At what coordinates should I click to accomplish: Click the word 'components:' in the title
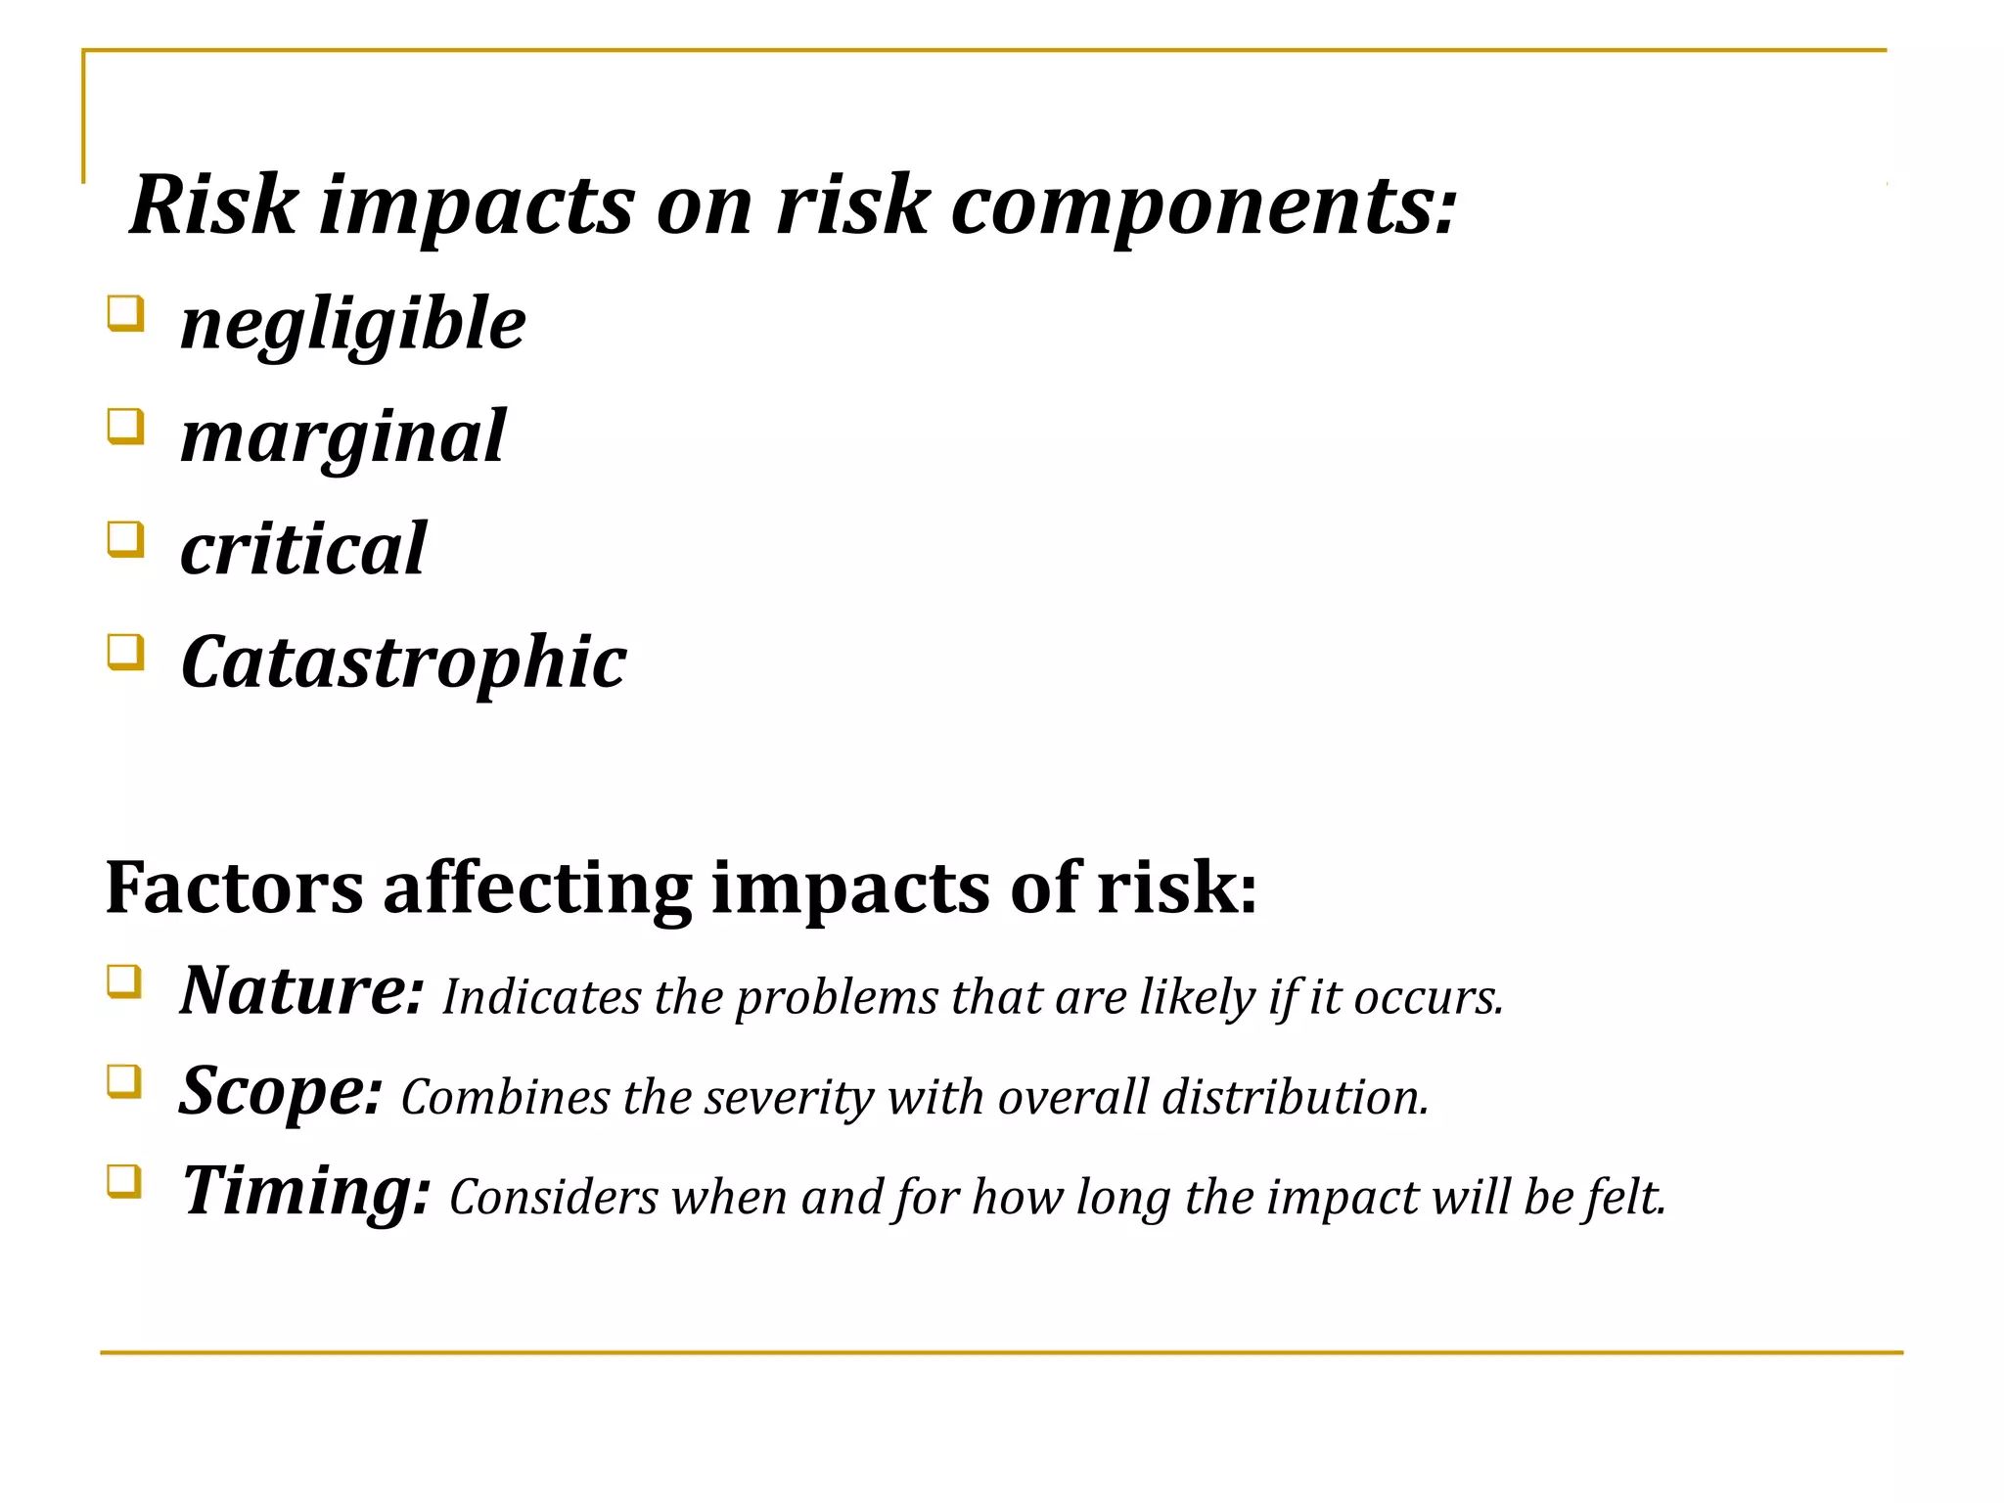point(1204,207)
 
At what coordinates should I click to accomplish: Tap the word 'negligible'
point(352,325)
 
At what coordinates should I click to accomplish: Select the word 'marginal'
point(342,437)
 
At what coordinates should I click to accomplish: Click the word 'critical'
point(303,549)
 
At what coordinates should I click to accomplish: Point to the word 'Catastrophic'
point(403,662)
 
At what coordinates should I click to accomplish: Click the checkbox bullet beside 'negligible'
point(125,314)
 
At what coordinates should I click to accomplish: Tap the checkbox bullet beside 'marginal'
point(125,427)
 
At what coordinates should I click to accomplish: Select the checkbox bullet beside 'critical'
point(125,539)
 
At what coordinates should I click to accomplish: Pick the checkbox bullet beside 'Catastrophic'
point(125,652)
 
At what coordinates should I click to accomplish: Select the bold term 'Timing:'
point(306,1192)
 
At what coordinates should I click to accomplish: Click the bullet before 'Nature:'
point(124,981)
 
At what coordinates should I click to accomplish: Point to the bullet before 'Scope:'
point(124,1081)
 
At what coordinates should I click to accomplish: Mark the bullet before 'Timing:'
point(124,1181)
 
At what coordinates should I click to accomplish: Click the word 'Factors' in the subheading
point(234,888)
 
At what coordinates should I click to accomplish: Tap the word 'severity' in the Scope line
point(789,1098)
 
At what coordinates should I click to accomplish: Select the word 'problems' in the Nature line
point(837,998)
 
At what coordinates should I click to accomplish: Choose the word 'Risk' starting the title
point(213,205)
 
